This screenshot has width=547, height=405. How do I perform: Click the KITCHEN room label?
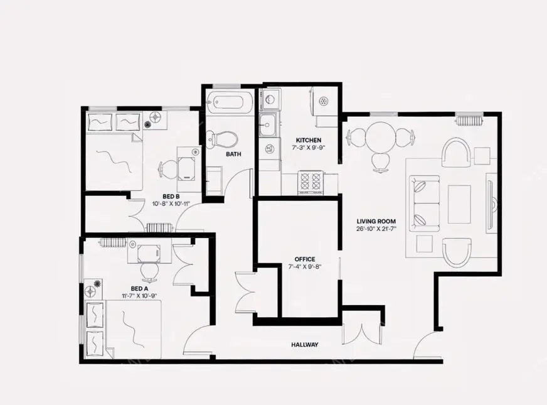(x=309, y=140)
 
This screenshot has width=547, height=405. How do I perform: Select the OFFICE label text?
(x=305, y=259)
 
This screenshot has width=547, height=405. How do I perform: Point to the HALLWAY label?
(x=305, y=345)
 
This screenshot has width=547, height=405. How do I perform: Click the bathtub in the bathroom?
(x=230, y=100)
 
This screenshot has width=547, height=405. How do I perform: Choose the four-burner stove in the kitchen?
(x=311, y=181)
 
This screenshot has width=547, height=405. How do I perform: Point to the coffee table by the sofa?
(x=459, y=204)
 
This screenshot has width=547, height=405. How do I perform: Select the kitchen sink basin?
(x=268, y=124)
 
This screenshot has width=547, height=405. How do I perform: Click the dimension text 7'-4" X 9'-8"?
(x=305, y=267)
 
